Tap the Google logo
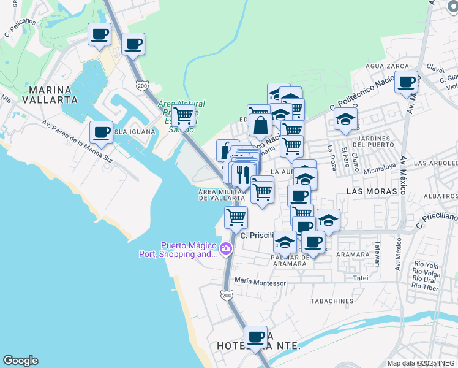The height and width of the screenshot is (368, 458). click(20, 361)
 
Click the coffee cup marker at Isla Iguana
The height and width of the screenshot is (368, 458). click(101, 131)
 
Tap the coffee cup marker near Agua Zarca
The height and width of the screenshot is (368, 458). click(406, 82)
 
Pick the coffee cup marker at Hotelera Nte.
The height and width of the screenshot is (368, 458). click(255, 336)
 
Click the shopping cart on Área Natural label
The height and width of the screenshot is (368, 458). click(183, 115)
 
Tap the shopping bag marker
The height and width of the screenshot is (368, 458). click(260, 125)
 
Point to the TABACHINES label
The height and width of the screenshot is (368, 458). click(332, 301)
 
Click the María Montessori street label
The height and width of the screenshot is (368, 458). click(261, 283)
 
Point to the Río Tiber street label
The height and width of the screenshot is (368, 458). click(426, 287)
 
